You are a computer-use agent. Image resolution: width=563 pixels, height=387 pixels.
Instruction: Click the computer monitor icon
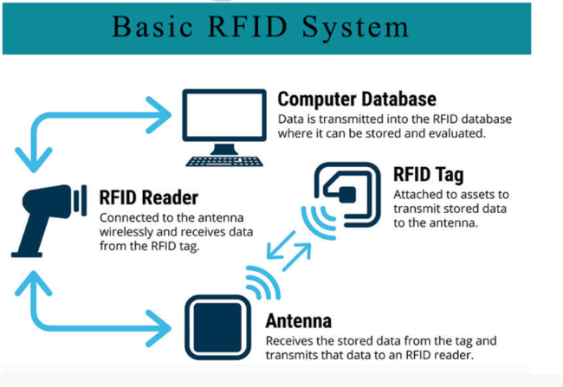click(223, 117)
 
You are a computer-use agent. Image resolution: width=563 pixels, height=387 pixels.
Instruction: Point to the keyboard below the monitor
click(223, 160)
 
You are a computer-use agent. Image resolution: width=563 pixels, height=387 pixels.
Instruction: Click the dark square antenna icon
click(216, 326)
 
